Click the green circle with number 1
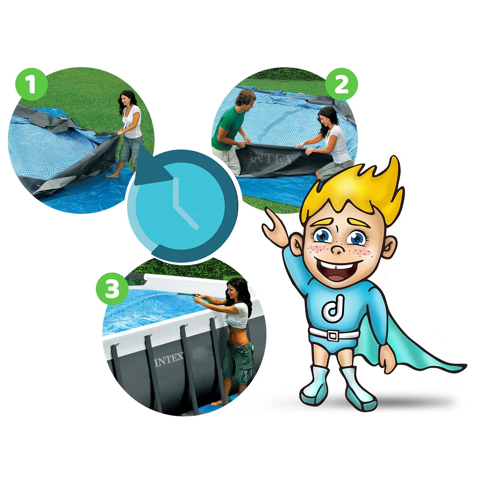pos(31,84)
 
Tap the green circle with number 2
pos(342,84)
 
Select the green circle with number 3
pos(112,289)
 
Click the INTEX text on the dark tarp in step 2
pos(273,158)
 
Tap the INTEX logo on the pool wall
pos(169,359)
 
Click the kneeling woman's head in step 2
pos(328,117)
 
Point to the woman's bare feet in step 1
pos(114,175)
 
